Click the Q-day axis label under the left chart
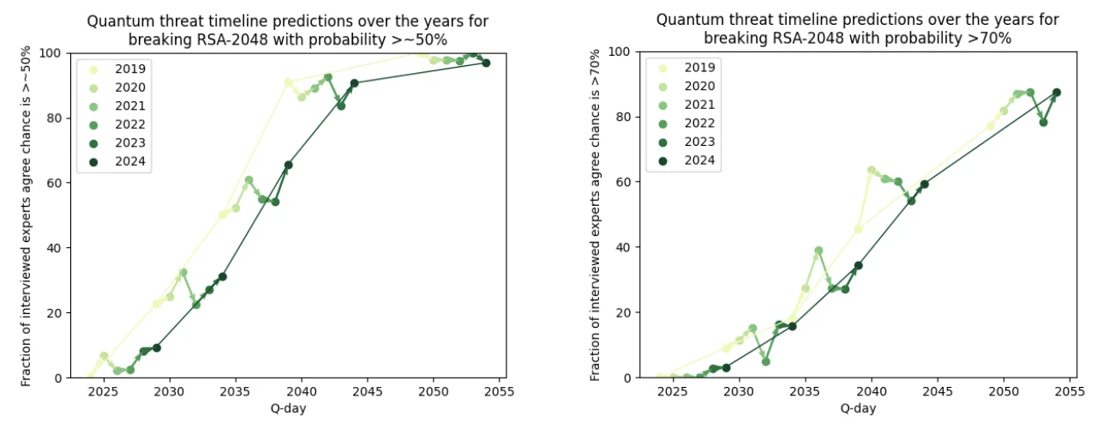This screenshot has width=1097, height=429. [x=287, y=408]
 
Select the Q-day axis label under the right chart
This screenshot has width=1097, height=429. [x=857, y=408]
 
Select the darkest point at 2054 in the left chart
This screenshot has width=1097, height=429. [x=486, y=63]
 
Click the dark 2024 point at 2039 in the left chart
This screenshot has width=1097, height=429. [x=288, y=165]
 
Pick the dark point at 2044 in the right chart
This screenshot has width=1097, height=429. [x=924, y=184]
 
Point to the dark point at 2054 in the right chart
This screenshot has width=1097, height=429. [x=1057, y=93]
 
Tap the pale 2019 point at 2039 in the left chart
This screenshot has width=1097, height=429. [x=288, y=82]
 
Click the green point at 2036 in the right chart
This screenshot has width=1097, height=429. [x=818, y=251]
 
